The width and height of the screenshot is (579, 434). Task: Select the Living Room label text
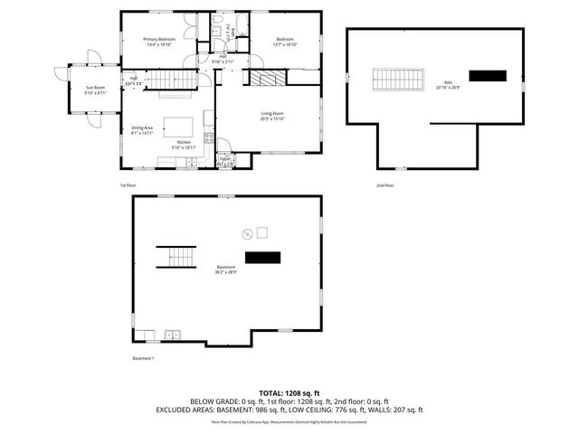272,115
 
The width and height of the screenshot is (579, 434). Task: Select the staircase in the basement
176,257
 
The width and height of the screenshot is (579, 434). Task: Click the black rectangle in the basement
263,258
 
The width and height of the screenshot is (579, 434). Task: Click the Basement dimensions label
226,269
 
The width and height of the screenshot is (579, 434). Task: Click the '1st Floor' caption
128,185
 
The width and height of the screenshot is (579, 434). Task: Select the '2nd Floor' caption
384,185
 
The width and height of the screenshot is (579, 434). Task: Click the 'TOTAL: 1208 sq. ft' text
289,392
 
